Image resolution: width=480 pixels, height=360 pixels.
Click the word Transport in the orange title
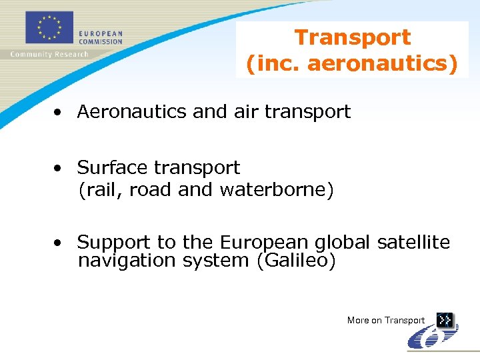[353, 37]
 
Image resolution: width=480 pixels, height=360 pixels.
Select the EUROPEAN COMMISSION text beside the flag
[101, 37]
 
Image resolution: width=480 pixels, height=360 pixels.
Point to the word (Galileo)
[296, 261]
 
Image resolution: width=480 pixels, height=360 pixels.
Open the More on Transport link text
[385, 321]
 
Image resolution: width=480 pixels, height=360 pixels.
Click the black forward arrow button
[445, 321]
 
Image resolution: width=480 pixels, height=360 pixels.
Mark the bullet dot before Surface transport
[59, 168]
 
